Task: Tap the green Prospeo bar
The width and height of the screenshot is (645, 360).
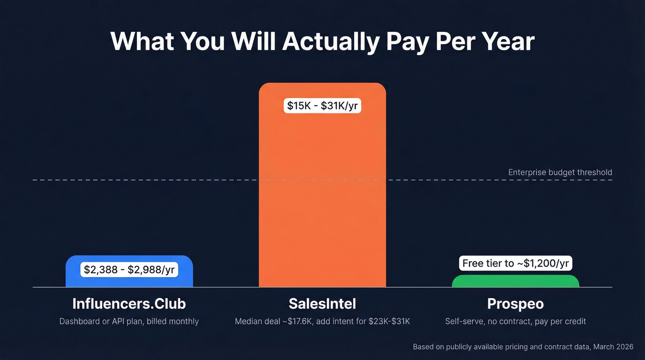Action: (x=515, y=281)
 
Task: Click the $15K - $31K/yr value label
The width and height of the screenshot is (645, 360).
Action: (x=322, y=106)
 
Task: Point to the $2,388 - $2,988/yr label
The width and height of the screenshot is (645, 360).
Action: (x=129, y=269)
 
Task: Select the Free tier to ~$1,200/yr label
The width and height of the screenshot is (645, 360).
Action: (x=516, y=263)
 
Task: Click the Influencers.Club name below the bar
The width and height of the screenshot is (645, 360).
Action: (x=129, y=304)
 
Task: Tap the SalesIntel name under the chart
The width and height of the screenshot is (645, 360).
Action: (x=322, y=304)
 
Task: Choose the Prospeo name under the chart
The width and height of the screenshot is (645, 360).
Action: (x=516, y=304)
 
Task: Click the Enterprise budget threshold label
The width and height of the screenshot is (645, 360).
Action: (x=560, y=172)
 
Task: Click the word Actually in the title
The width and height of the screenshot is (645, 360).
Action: (x=331, y=41)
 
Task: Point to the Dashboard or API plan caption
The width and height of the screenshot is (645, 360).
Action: (x=129, y=321)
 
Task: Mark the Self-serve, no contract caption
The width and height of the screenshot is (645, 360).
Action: (x=516, y=321)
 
